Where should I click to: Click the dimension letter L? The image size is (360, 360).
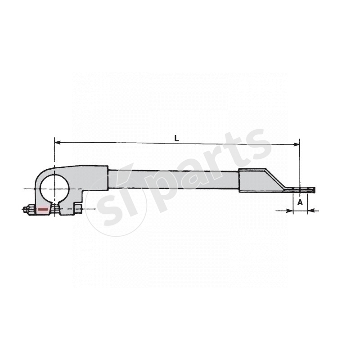(177, 139)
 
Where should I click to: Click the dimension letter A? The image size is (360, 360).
(300, 203)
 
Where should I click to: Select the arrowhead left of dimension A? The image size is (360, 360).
(290, 210)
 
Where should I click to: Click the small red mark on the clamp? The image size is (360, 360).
(43, 209)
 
